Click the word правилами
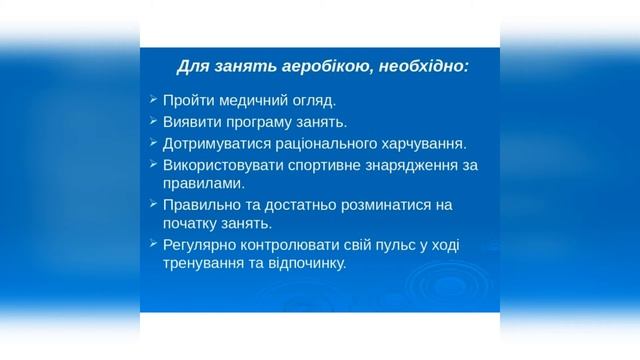point(201,183)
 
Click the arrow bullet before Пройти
point(152,100)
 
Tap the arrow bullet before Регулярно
point(152,244)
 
